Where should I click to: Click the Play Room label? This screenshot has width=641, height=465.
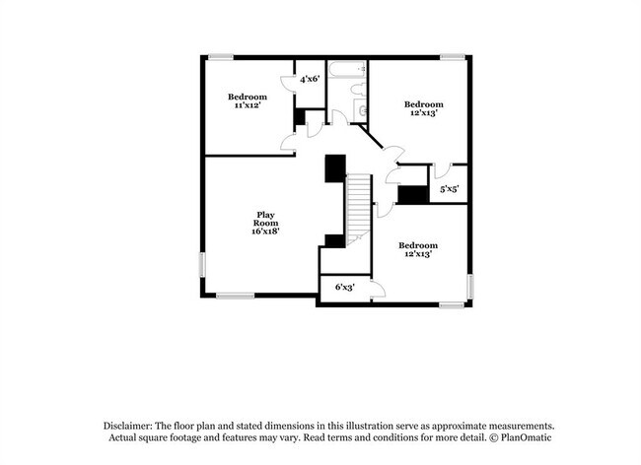click(x=265, y=219)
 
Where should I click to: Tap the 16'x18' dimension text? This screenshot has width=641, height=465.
click(x=265, y=232)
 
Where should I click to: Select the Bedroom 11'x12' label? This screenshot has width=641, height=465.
click(x=247, y=100)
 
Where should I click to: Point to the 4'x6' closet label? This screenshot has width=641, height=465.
click(x=310, y=79)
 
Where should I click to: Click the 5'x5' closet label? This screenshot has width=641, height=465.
click(x=449, y=187)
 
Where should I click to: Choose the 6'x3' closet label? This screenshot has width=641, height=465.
click(x=344, y=288)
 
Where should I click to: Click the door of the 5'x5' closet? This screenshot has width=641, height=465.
click(x=441, y=169)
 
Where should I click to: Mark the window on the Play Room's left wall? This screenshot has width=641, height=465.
click(x=203, y=268)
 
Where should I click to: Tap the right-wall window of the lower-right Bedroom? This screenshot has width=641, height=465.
click(x=471, y=285)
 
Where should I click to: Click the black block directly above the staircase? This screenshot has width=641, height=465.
click(x=336, y=166)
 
